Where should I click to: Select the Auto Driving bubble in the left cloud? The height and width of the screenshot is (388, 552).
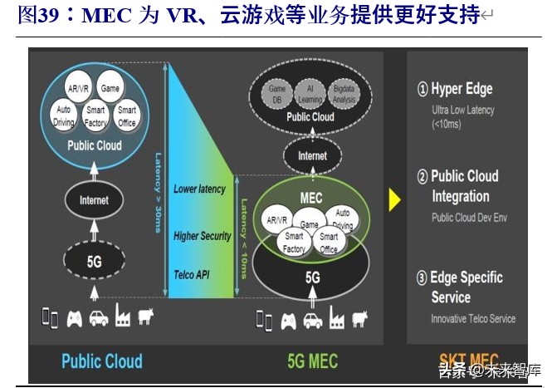(64, 115)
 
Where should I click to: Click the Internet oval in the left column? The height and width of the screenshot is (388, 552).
(94, 200)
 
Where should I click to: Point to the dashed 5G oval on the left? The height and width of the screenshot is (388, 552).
(94, 260)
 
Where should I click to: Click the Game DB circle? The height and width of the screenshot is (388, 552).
(276, 94)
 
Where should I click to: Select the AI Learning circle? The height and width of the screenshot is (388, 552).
(310, 94)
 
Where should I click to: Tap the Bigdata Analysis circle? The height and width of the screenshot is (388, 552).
(344, 94)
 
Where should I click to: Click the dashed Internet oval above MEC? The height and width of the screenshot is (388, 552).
(312, 155)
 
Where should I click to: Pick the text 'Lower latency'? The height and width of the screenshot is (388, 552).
(199, 189)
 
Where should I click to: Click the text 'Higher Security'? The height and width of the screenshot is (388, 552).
(203, 236)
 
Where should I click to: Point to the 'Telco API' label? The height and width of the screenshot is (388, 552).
(195, 274)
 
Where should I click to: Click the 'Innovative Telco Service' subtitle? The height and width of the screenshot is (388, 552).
(473, 318)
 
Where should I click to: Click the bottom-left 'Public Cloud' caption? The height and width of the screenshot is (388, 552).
(102, 361)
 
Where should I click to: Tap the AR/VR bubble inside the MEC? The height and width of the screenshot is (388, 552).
(276, 221)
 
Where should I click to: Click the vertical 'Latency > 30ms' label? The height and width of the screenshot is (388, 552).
(158, 191)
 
